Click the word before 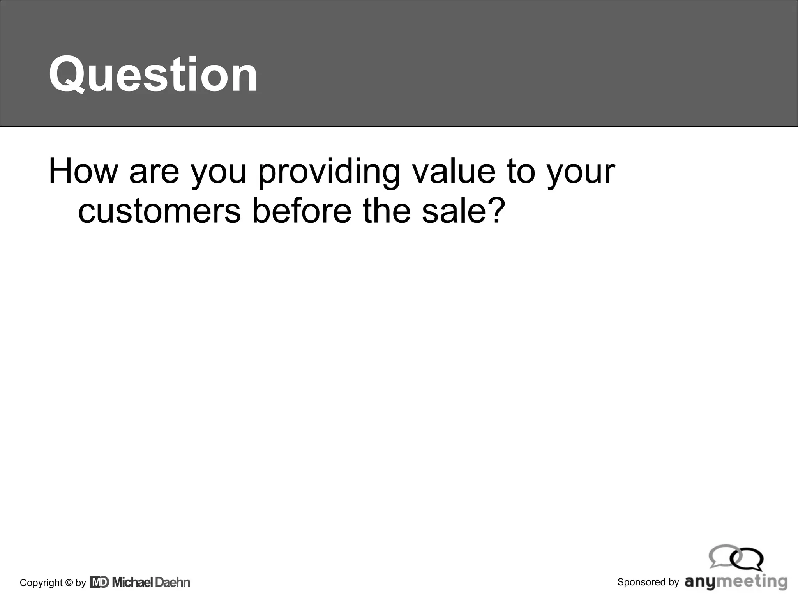[302, 211]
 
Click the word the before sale [387, 211]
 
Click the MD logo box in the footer [100, 582]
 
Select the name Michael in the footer [132, 582]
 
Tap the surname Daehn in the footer [173, 582]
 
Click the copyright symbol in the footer [69, 583]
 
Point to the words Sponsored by [648, 582]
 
